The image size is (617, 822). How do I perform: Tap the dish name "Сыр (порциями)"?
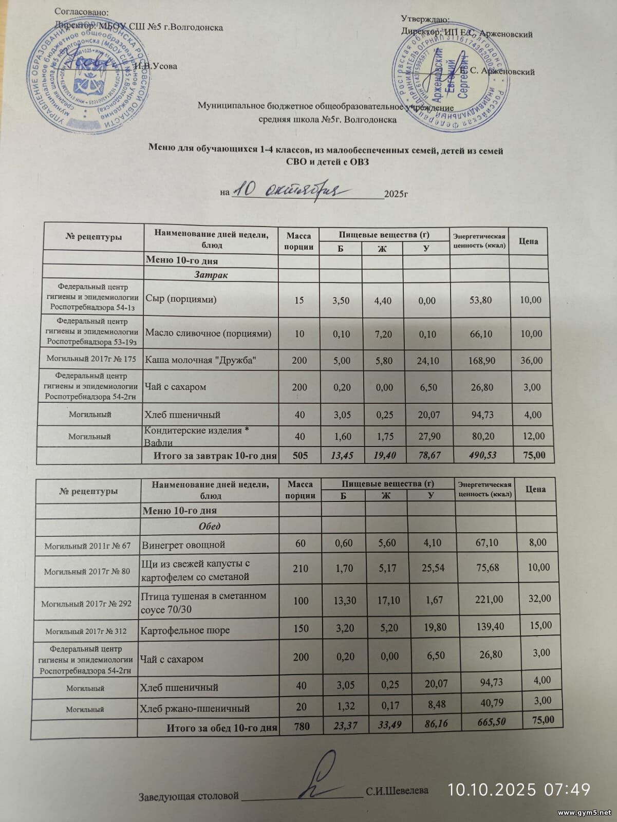tap(181, 299)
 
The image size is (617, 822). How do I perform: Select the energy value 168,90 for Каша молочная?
tap(482, 361)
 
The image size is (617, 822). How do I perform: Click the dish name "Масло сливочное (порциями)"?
tap(208, 333)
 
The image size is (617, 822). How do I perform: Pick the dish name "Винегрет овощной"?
tap(183, 544)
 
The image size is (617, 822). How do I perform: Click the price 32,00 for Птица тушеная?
tap(539, 599)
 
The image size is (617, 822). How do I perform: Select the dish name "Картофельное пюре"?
tap(185, 630)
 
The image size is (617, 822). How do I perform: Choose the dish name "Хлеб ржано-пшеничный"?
tap(195, 708)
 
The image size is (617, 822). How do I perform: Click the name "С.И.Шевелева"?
tap(397, 791)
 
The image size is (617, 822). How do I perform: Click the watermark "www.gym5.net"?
tap(585, 813)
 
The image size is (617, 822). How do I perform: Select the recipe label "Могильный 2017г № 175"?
tap(91, 359)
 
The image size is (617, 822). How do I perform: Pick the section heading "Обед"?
tap(210, 526)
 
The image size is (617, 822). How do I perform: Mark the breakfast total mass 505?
tap(300, 455)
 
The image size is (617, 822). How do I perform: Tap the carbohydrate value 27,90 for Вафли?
tap(428, 436)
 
